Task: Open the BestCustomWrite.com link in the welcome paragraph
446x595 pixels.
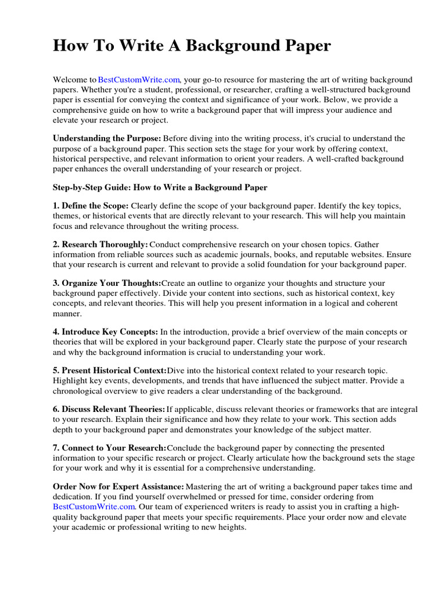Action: point(139,80)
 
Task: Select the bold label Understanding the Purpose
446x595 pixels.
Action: point(107,139)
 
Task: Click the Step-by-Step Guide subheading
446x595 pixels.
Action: point(160,188)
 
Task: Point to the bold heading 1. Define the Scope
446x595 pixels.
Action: point(91,206)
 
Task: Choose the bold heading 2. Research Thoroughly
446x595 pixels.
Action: point(100,245)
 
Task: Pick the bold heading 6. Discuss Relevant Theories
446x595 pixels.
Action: point(109,410)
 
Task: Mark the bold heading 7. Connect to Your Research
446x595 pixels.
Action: point(109,448)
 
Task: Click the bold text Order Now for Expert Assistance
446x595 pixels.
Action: point(118,487)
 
